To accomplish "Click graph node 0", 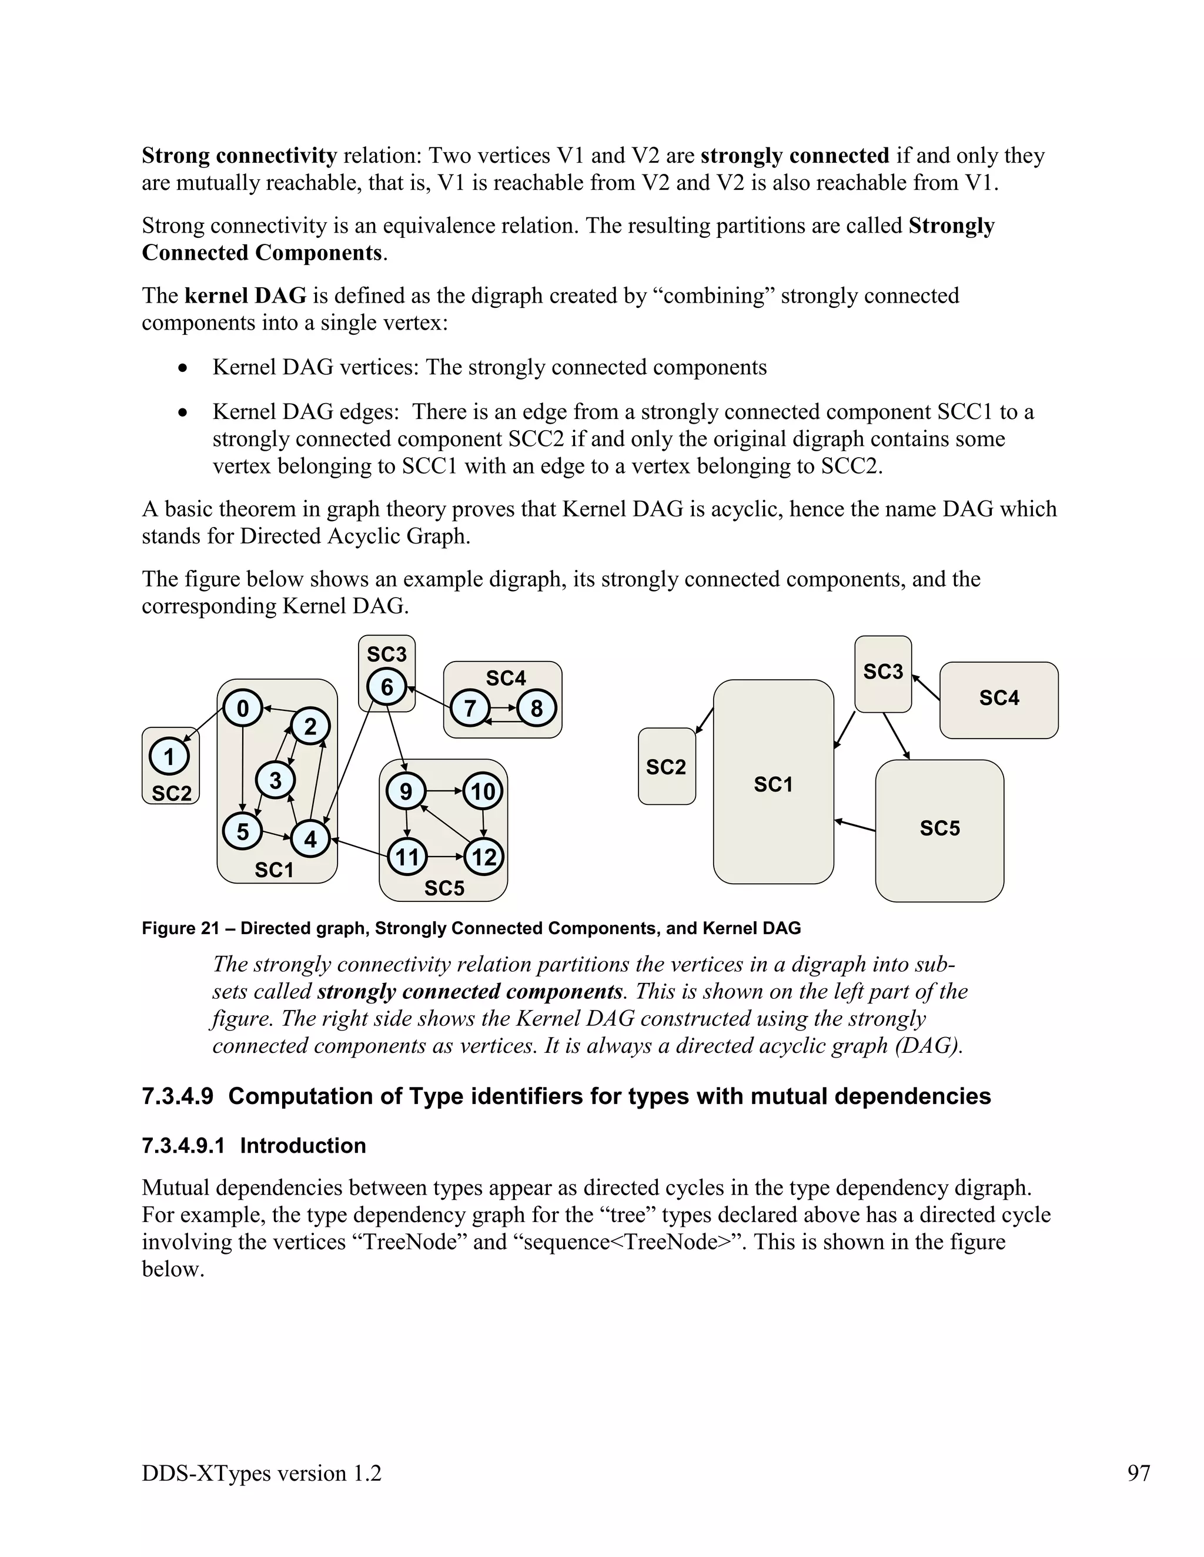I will (243, 709).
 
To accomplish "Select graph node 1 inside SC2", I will (169, 756).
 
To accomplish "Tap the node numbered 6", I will (387, 687).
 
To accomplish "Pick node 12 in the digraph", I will (484, 856).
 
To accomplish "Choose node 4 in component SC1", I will (310, 839).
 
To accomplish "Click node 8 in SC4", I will (536, 708).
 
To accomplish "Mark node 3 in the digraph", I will (275, 780).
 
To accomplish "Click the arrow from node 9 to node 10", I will (444, 791).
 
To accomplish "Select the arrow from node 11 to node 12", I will (446, 856).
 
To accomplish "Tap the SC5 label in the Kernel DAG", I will (939, 828).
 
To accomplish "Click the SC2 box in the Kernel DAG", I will (666, 766).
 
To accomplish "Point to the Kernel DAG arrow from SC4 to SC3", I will (926, 687).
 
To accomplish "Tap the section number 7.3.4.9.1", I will (183, 1146).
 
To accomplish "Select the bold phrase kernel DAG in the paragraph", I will (245, 295).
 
